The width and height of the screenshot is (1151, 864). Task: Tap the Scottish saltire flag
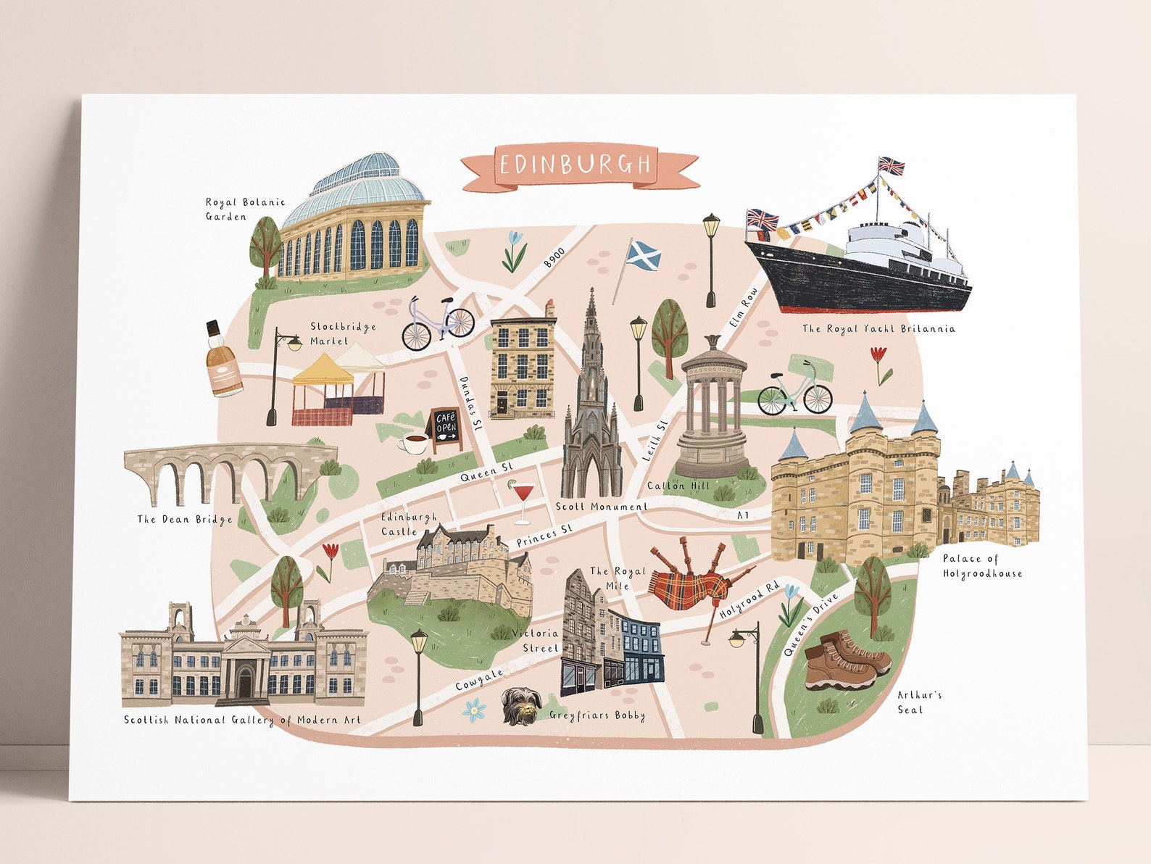(642, 255)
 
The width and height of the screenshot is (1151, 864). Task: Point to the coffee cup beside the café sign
(414, 443)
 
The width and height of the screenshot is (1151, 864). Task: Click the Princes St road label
(544, 536)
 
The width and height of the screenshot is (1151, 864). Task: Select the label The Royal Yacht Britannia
(878, 329)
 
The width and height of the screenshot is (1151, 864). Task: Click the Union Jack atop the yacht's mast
(892, 166)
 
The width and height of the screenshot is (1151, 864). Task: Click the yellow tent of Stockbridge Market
(323, 370)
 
